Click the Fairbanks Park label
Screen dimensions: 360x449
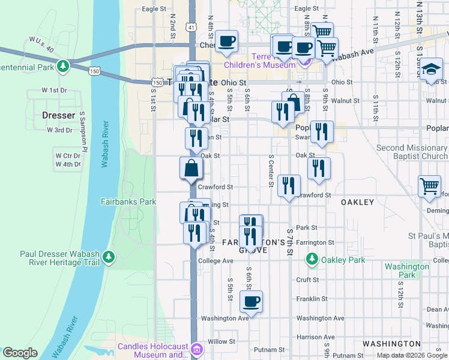point(128,202)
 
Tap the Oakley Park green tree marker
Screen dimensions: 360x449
point(312,259)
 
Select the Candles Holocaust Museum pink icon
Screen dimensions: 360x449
point(197,349)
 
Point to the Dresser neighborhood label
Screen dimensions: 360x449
point(59,115)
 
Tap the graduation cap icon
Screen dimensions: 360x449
point(432,69)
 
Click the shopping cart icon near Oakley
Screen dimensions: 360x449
point(430,187)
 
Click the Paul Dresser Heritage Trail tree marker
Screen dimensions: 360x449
point(108,257)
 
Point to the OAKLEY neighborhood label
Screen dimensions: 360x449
point(357,202)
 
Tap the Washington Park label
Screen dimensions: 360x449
point(407,271)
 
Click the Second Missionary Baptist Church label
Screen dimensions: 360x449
point(412,152)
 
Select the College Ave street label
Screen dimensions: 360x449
point(215,261)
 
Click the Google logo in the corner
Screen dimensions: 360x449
point(20,353)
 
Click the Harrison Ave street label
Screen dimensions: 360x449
point(315,337)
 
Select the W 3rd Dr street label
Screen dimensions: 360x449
point(60,130)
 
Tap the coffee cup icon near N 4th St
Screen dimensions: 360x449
point(227,41)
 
